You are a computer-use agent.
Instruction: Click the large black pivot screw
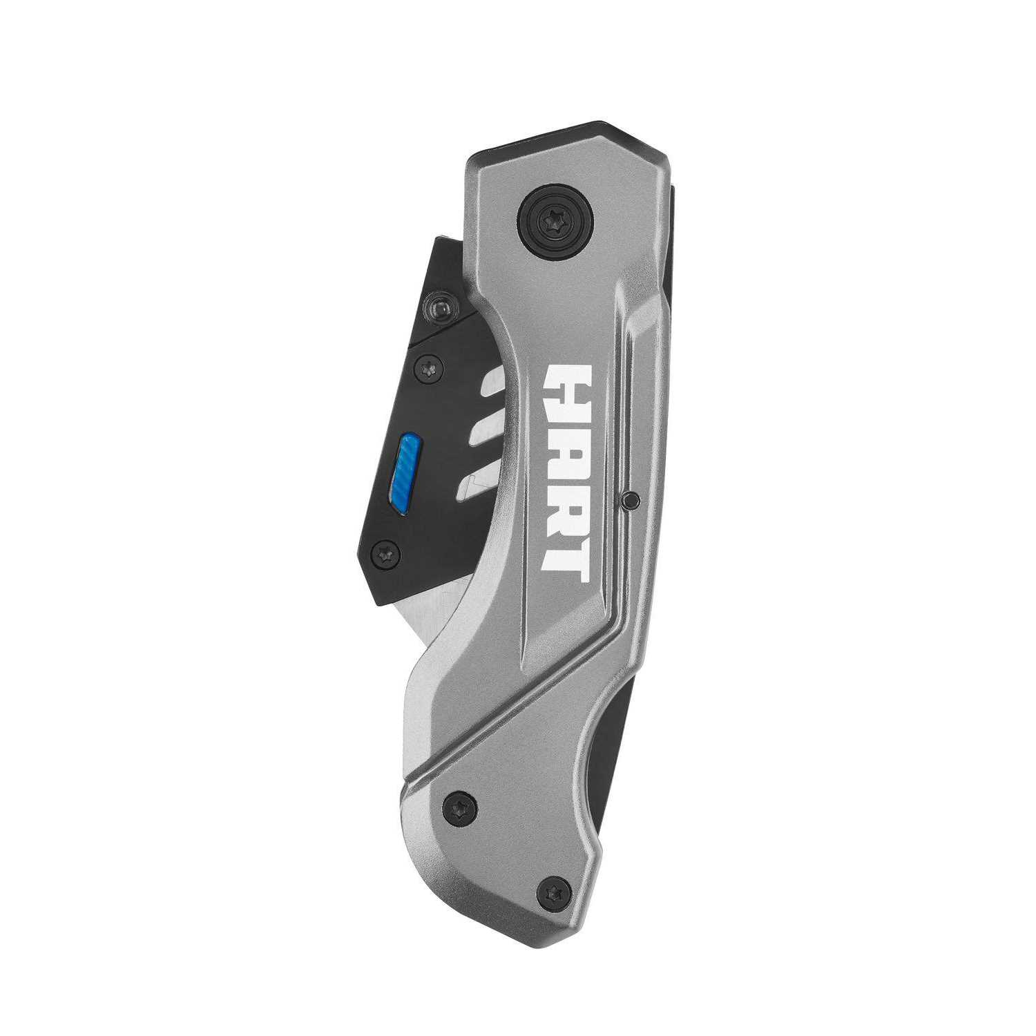point(555,222)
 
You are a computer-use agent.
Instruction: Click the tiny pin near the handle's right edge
point(629,500)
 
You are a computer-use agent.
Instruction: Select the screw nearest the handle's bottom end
point(554,892)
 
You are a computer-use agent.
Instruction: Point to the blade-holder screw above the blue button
point(428,368)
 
